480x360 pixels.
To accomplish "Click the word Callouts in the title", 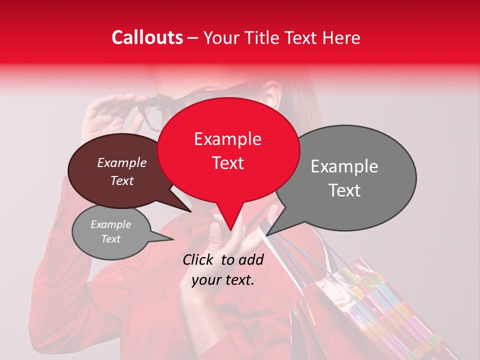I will tap(147, 37).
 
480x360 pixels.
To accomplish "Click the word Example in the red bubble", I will tap(227, 139).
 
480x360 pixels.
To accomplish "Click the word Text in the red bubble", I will tap(227, 163).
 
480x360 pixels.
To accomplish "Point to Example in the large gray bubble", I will tap(344, 166).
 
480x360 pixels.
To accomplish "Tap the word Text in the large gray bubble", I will tap(344, 190).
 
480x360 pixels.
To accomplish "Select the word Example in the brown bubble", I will tap(121, 162).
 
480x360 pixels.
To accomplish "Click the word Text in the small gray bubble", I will tap(110, 239).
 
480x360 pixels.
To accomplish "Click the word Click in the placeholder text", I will tap(199, 259).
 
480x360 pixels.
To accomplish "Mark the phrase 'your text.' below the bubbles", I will tap(222, 280).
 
